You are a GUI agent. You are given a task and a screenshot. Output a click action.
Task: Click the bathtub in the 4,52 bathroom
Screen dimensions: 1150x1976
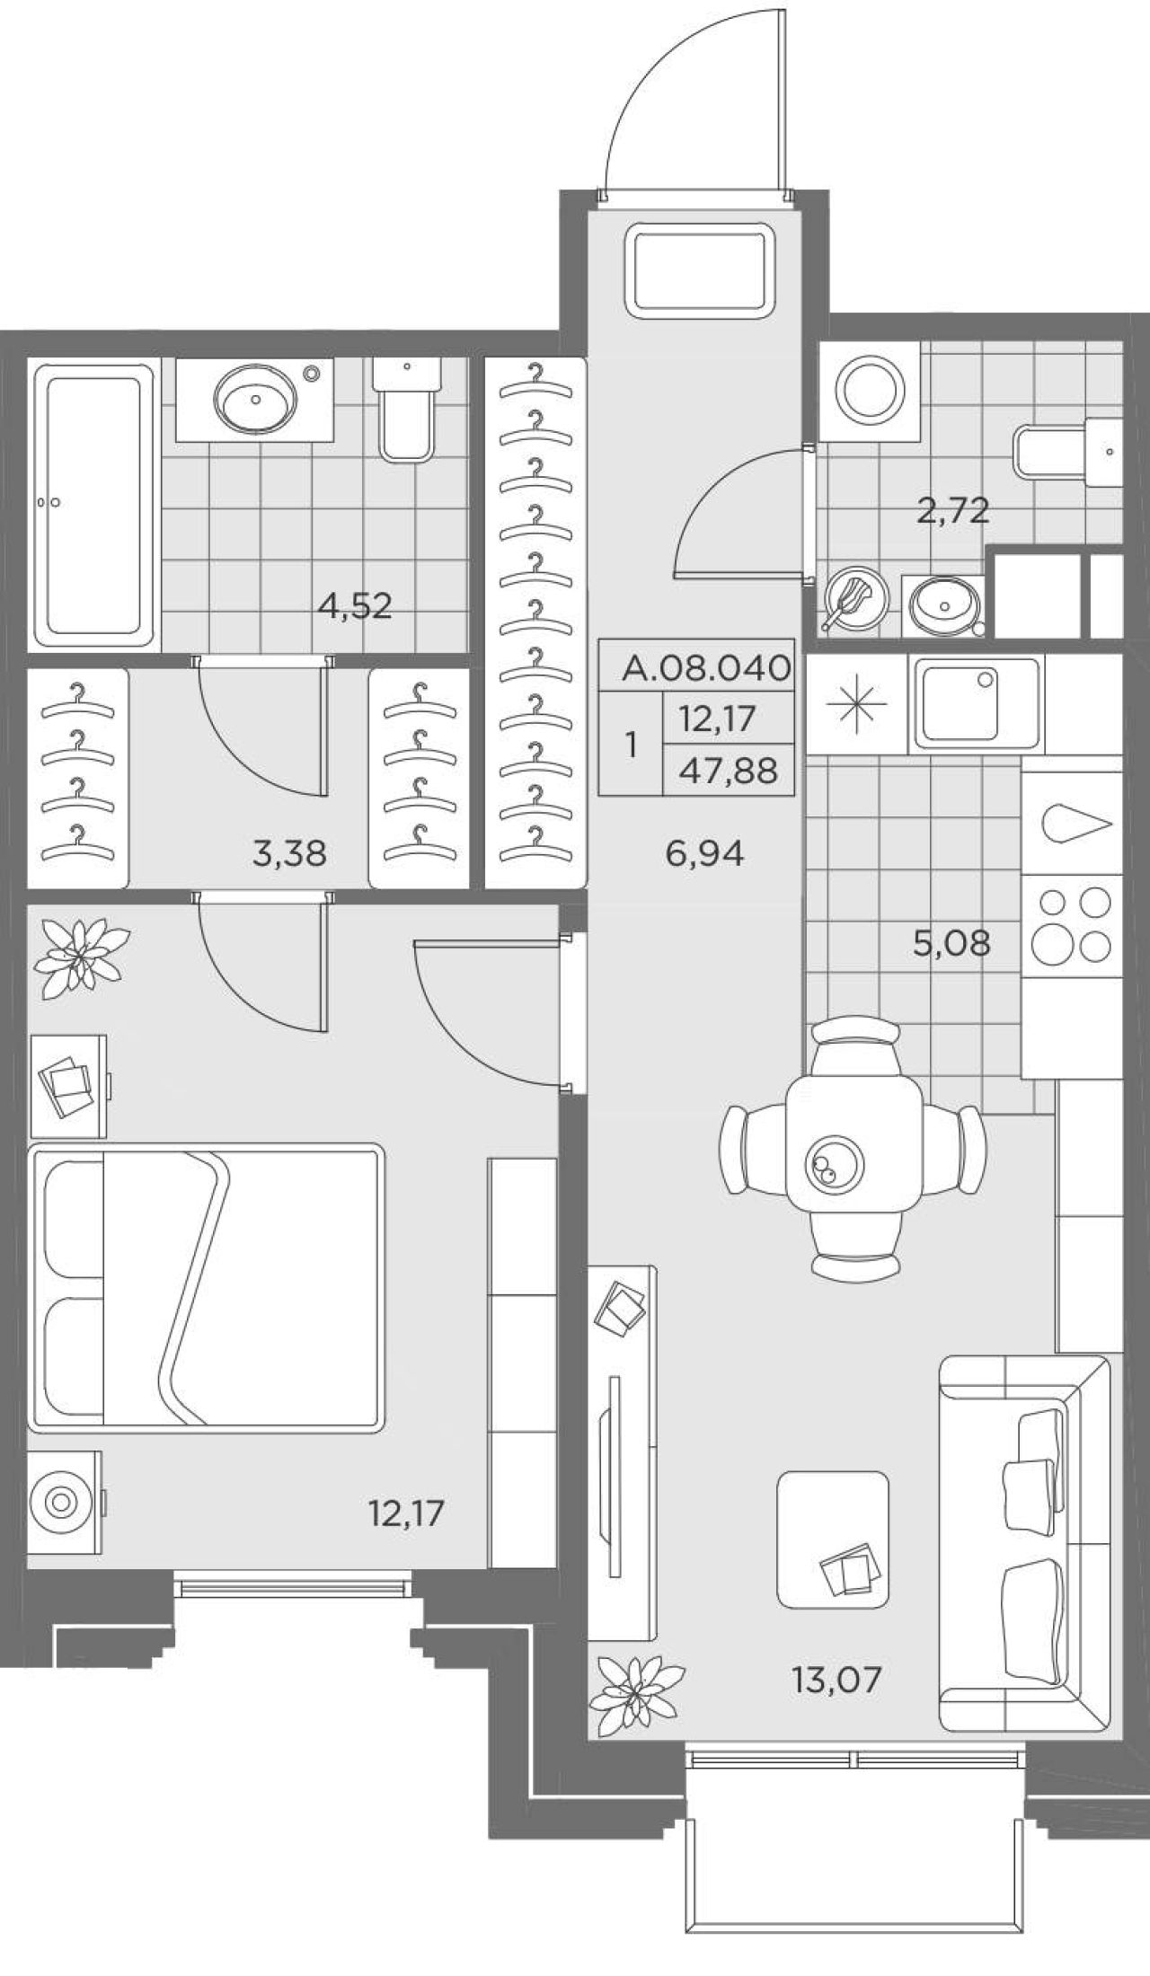94,506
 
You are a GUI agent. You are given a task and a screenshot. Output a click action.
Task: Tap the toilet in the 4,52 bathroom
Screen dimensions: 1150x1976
407,410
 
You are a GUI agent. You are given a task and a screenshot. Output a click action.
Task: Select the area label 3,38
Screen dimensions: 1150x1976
289,853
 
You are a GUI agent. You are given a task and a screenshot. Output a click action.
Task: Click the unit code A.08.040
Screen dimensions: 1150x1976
707,667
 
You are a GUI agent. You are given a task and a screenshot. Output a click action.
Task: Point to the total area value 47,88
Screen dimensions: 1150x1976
729,771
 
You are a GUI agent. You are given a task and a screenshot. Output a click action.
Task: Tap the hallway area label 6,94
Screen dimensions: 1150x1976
705,853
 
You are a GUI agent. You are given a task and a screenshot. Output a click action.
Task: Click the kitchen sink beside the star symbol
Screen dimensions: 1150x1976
977,703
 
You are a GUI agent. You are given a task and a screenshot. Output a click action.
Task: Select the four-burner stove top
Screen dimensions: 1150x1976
1073,925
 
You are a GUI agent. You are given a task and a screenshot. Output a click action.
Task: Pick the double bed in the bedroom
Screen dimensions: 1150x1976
206,1287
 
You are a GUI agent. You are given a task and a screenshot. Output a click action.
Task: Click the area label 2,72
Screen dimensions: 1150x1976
952,512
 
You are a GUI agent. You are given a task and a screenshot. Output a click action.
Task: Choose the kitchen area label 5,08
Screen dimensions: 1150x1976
951,943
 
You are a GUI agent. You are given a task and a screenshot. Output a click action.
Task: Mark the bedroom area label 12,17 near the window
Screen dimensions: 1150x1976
406,1513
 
